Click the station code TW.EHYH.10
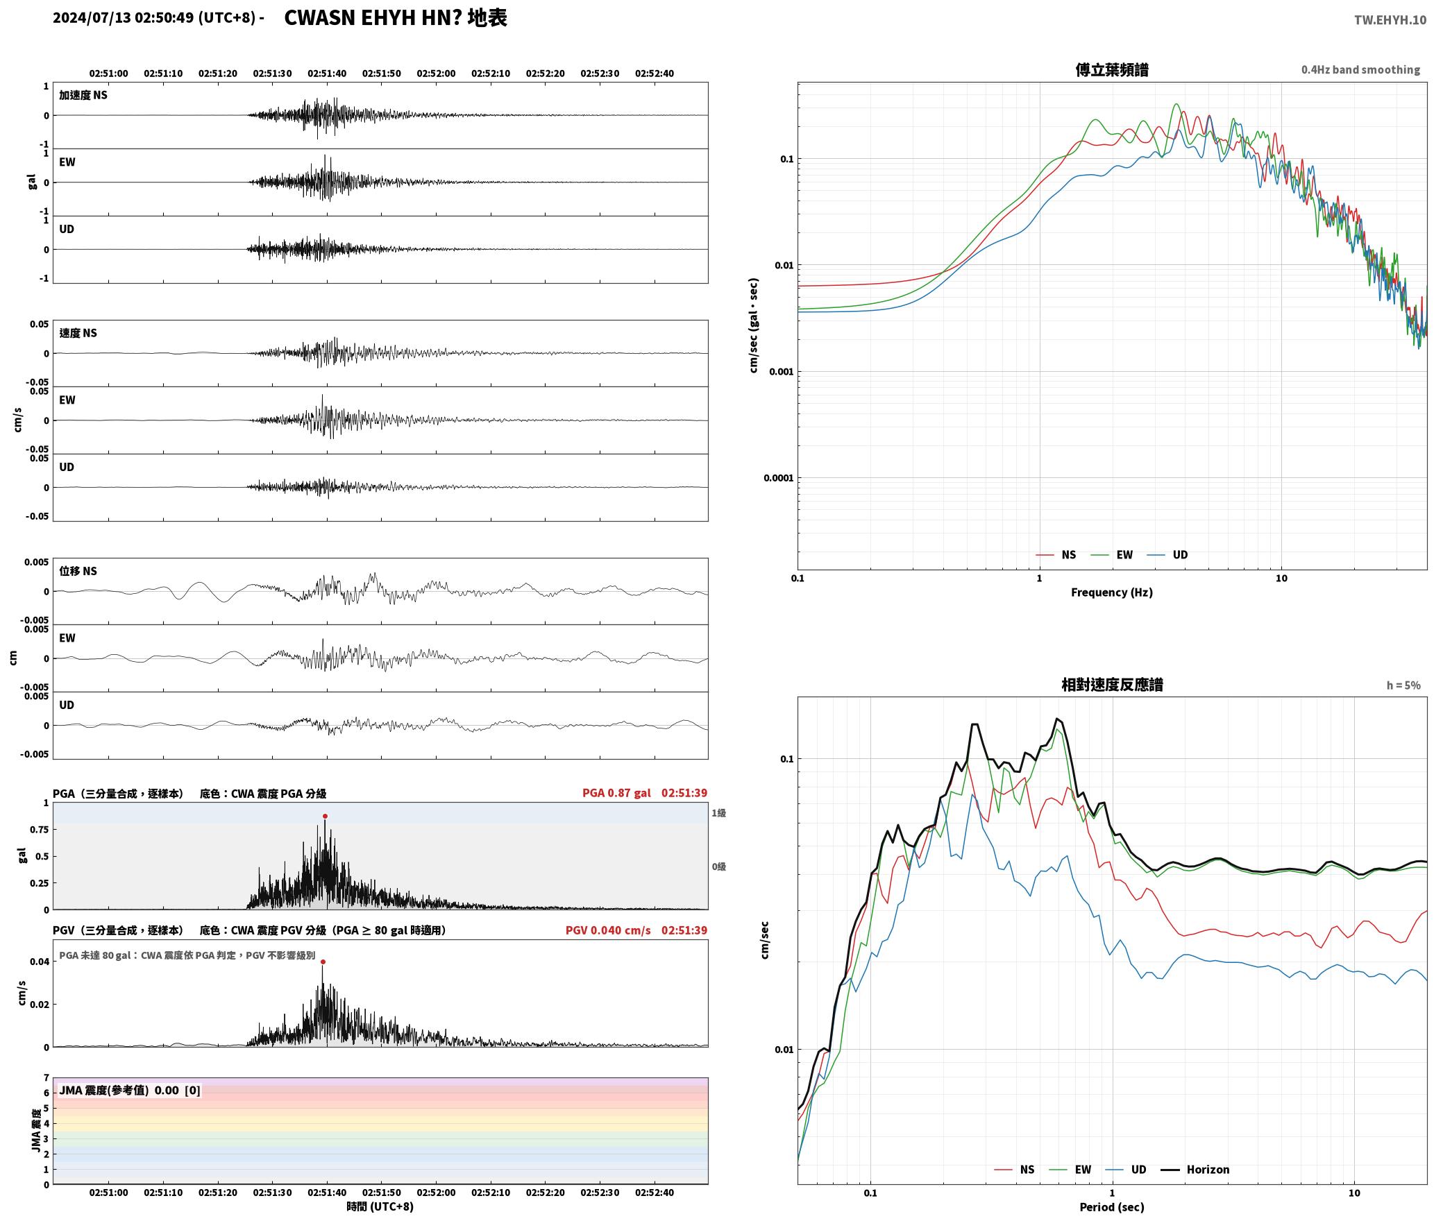(1390, 19)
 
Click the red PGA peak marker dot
(325, 817)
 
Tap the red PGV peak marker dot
(323, 962)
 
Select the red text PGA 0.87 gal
(616, 793)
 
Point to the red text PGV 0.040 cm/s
(608, 930)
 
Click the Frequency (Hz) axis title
(1111, 592)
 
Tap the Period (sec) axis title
(1111, 1207)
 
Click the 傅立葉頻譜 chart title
(1112, 69)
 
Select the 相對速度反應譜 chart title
(1112, 685)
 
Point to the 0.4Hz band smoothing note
(1360, 70)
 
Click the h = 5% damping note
(1403, 685)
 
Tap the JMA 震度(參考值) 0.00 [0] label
(130, 1090)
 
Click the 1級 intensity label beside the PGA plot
(718, 813)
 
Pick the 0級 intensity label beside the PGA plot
(718, 866)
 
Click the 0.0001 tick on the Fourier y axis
(778, 478)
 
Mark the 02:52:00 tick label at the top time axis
(436, 74)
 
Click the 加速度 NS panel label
(83, 95)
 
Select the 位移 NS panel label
(78, 571)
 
